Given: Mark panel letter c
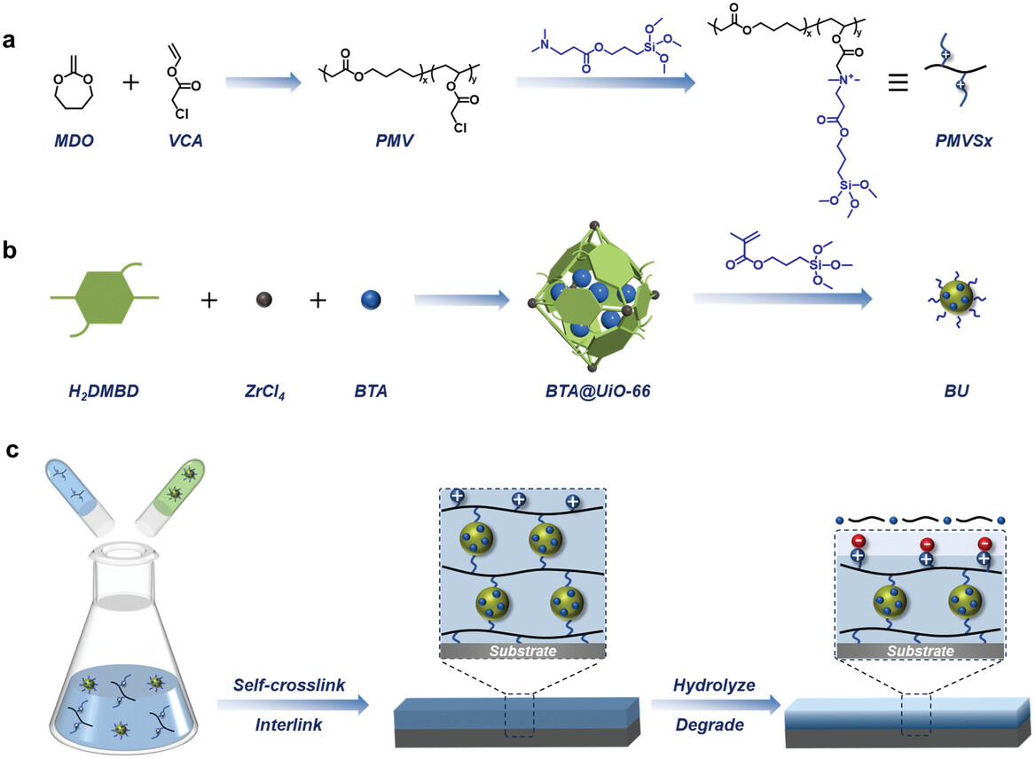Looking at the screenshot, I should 14,450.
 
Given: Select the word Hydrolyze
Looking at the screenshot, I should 704,686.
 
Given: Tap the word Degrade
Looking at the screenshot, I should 704,725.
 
